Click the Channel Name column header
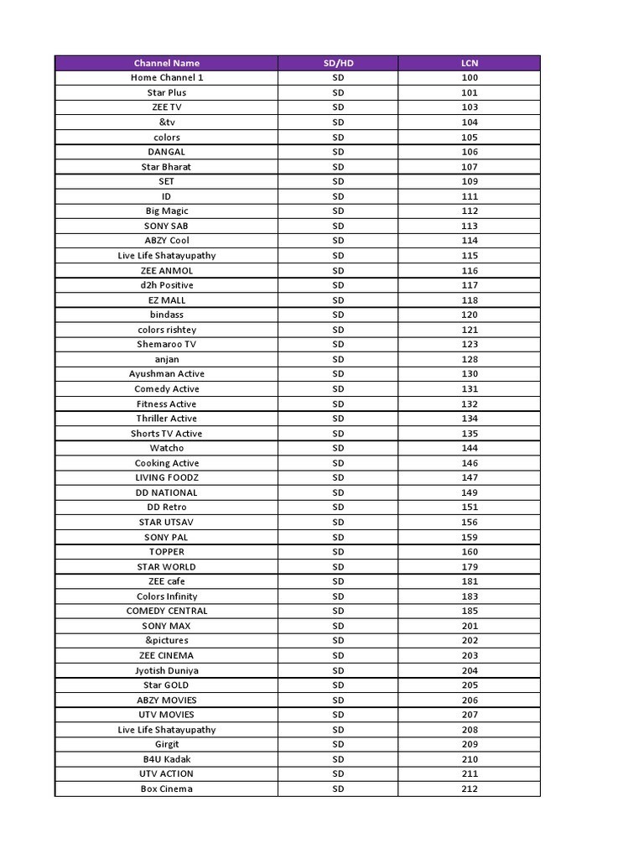166,63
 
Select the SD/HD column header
338,63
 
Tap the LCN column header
470,63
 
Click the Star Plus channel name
166,92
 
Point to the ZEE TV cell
166,107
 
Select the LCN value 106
470,152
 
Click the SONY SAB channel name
166,226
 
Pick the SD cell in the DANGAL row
338,152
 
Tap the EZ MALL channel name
166,300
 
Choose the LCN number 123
470,345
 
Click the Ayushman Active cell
166,374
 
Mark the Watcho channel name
166,448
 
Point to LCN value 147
470,477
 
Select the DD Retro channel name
166,508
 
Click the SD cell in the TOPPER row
338,552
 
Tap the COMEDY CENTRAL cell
166,611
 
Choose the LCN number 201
470,626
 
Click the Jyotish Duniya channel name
166,670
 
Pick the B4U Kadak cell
166,759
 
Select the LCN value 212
470,789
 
